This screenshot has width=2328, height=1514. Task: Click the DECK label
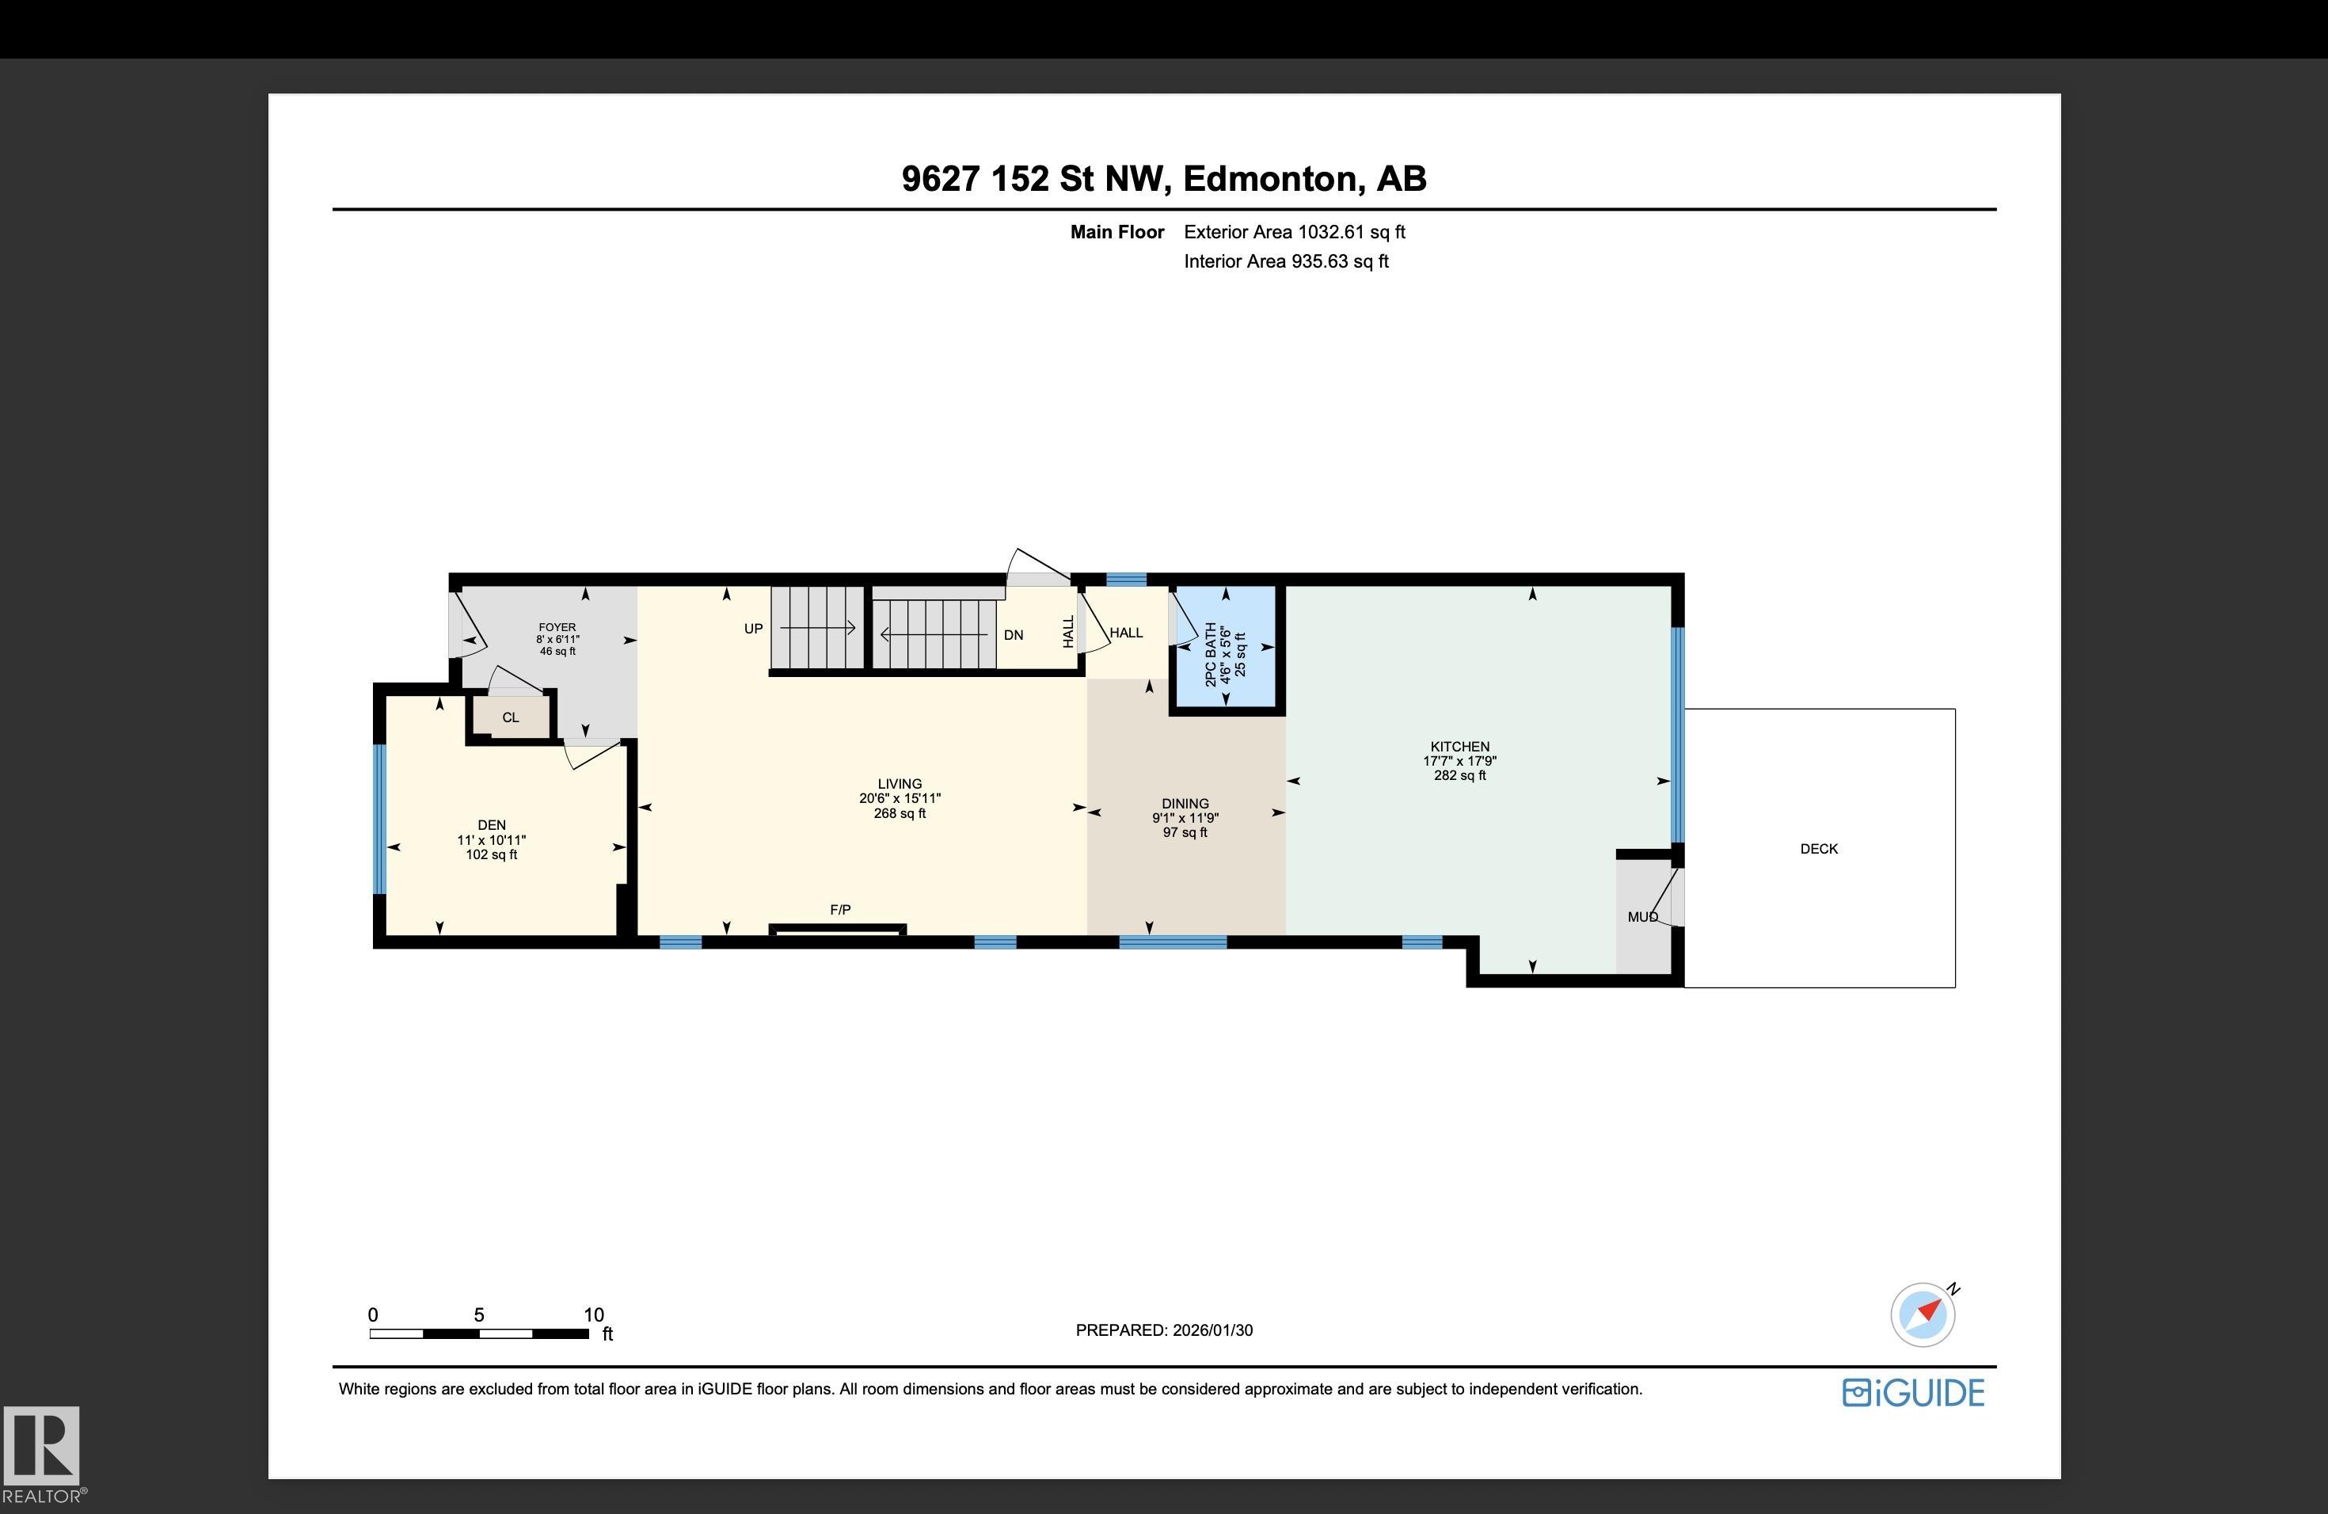coord(1818,849)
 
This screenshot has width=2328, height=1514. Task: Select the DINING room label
coord(1185,804)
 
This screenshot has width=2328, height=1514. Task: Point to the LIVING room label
coord(899,783)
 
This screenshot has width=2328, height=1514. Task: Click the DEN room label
coord(491,825)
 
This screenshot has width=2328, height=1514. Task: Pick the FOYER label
coord(557,628)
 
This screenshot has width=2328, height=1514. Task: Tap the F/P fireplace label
coord(840,910)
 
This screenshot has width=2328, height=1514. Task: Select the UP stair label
coord(753,629)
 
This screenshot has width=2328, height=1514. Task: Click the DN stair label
coord(1014,635)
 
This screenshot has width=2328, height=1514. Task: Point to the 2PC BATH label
coord(1211,654)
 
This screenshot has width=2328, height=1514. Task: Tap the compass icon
coord(1924,1314)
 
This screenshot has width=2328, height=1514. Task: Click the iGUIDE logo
coord(1913,1393)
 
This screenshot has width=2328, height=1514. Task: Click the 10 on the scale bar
coord(594,1315)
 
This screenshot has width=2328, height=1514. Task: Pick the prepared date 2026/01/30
coord(1213,1330)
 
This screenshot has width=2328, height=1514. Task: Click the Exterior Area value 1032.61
coord(1330,232)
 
